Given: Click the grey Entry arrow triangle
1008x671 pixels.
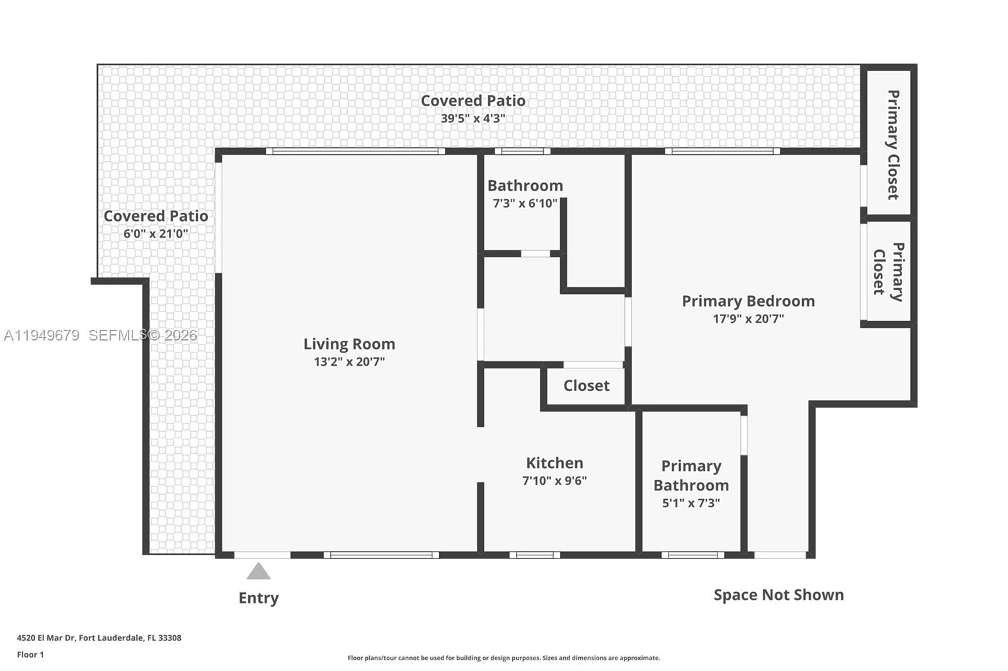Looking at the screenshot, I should pos(258,572).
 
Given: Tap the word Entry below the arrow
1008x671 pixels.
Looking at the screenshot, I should pos(258,598).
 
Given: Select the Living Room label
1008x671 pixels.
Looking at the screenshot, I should pos(349,344).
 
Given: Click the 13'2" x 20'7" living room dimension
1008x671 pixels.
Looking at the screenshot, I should pos(349,361).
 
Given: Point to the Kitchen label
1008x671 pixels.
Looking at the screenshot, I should pos(554,463).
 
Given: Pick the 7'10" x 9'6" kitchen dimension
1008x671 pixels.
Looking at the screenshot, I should pos(554,480).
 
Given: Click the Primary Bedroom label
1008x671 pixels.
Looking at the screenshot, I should pos(748,301).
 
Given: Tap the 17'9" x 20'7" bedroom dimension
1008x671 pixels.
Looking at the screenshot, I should pos(748,319).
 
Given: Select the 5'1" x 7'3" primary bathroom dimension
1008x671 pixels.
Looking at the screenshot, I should pos(691,503).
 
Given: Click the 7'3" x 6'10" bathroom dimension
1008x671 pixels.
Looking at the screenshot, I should pos(525,203).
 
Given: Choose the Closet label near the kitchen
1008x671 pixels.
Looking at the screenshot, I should pos(586,385).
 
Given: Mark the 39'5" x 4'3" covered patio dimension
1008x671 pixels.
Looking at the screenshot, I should pos(472,118).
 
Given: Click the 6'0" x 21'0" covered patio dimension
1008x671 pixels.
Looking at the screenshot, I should pos(156,234).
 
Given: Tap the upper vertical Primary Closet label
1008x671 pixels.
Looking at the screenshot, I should pos(892,145).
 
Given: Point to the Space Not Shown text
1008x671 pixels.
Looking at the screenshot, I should pos(779,595).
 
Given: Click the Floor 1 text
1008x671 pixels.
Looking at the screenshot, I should pos(30,655).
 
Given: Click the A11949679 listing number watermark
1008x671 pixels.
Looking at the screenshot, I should pos(42,335).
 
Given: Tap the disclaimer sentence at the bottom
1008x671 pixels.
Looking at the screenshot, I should pos(504,658).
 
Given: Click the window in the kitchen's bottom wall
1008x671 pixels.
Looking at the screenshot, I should pos(534,555).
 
